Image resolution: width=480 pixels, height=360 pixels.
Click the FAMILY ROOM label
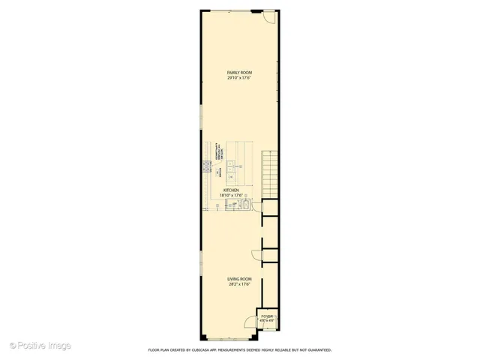(x=239, y=73)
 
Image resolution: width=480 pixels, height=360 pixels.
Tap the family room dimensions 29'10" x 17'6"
(x=239, y=78)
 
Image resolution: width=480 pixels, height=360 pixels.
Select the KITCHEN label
(x=231, y=190)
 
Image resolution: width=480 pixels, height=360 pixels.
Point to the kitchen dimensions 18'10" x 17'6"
(x=231, y=196)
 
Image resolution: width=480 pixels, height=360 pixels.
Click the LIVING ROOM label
(x=239, y=279)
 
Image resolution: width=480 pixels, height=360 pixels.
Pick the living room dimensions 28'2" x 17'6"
(x=239, y=284)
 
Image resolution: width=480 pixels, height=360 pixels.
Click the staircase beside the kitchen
(x=269, y=174)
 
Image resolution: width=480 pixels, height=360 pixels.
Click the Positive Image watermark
(x=40, y=345)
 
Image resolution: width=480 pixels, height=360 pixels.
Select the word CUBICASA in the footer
(x=205, y=350)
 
